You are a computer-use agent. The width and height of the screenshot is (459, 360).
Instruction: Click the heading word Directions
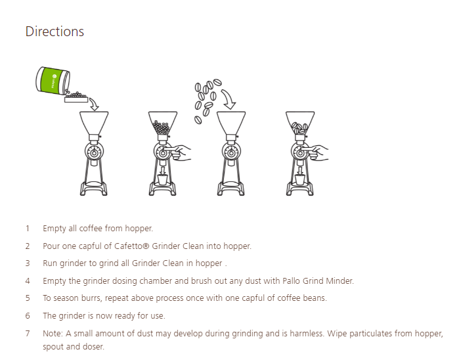[55, 32]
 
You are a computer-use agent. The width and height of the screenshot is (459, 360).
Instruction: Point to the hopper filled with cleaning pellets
[162, 125]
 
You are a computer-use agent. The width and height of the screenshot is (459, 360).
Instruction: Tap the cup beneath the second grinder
[162, 179]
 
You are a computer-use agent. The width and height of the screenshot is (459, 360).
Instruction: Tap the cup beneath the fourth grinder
[300, 179]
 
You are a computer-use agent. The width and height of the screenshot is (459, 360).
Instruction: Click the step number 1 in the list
[28, 229]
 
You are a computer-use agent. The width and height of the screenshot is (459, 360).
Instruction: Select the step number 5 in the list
[28, 298]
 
